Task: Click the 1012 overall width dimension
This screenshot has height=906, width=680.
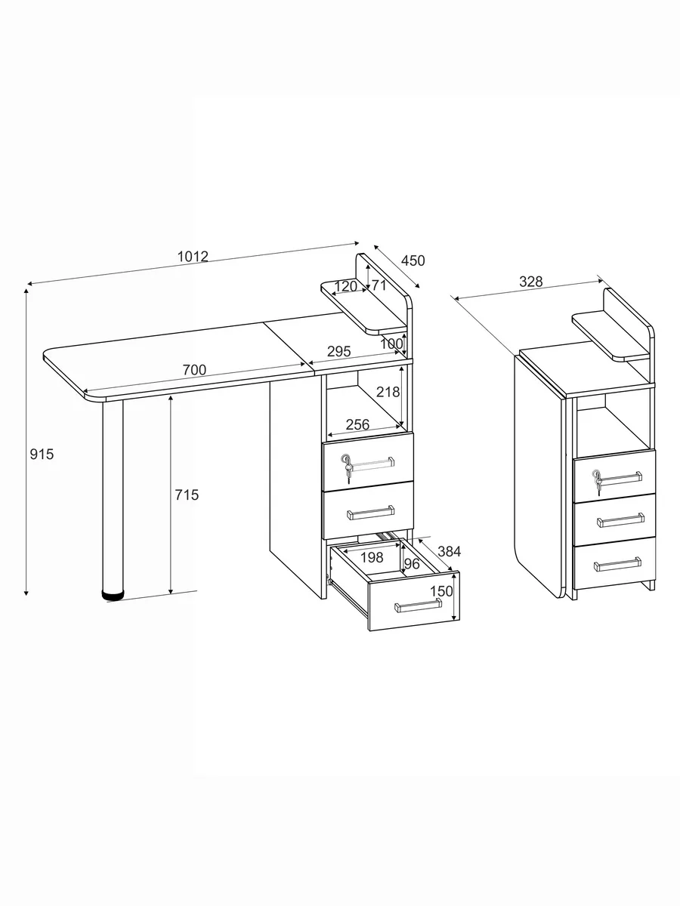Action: coord(193,256)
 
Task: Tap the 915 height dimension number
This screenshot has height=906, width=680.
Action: coord(42,454)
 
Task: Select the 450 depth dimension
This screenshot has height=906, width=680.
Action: coord(413,260)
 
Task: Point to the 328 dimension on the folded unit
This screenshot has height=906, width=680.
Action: coord(530,282)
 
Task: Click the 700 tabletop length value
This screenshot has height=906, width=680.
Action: coord(194,370)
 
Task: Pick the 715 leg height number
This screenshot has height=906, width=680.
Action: coord(187,495)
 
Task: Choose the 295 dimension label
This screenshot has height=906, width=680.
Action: coord(339,351)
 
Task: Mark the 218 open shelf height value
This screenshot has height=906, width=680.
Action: coord(388,392)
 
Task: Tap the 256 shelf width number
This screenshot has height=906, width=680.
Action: coord(357,424)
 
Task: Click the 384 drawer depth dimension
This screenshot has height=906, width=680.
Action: coord(449,551)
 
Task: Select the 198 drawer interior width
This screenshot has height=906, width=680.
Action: coord(372,557)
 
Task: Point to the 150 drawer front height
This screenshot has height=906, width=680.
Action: coord(441,591)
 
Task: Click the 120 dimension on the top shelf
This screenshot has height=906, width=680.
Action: coord(345,286)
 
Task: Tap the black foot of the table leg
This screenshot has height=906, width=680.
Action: coord(113,595)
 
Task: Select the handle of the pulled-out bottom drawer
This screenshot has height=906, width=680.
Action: coord(418,606)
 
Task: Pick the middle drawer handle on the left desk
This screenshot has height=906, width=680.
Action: coord(371,512)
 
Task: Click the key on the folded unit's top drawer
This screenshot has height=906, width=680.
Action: coord(597,481)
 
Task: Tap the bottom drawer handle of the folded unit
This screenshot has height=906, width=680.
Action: coord(617,563)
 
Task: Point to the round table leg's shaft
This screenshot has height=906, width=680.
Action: coord(113,495)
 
